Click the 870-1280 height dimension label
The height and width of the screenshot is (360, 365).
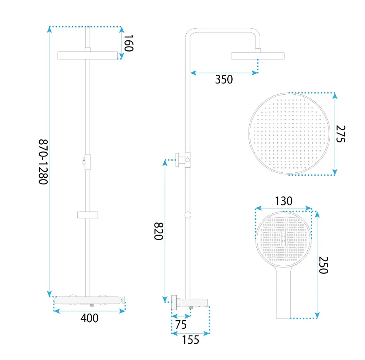[x=43, y=162]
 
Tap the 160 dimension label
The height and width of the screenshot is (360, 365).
[x=129, y=43]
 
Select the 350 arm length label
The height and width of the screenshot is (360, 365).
[x=224, y=79]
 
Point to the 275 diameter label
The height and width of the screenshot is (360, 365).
[x=341, y=134]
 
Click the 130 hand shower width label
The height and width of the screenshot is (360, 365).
[x=284, y=201]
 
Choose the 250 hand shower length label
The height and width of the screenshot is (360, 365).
[x=323, y=265]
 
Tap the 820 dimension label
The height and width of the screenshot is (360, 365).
[x=158, y=231]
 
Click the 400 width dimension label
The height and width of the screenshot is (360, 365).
[x=90, y=318]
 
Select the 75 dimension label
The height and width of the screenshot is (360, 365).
[x=181, y=325]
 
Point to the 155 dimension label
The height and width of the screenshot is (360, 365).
[x=190, y=340]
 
